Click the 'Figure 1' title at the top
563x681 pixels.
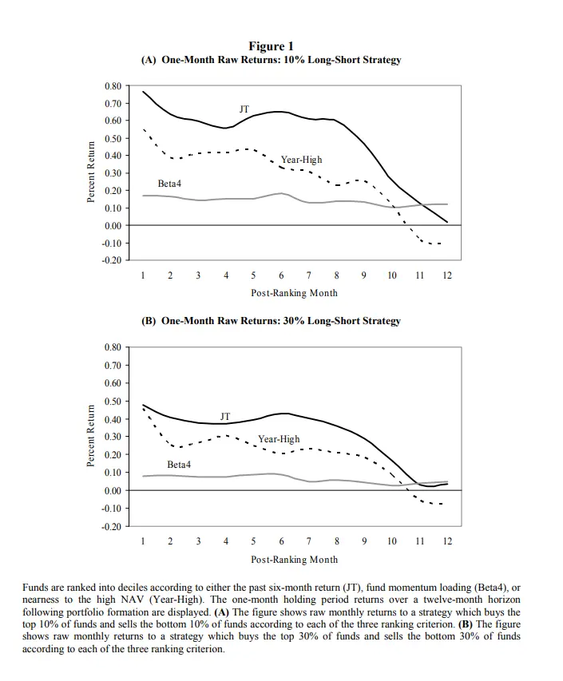click(272, 46)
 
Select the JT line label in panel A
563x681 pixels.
click(244, 108)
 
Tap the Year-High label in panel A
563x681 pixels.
click(301, 160)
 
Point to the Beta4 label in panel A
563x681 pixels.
click(169, 184)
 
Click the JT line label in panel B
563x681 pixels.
click(224, 416)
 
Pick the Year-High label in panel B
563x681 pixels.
click(279, 439)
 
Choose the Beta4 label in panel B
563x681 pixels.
click(179, 464)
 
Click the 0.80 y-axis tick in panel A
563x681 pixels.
click(113, 85)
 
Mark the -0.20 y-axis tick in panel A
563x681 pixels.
click(111, 260)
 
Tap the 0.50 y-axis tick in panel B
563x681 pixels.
click(113, 401)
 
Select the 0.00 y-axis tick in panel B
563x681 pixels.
click(113, 490)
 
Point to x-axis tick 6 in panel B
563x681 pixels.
click(281, 541)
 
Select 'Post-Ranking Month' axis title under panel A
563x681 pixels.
click(294, 293)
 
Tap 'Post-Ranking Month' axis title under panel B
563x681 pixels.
click(294, 560)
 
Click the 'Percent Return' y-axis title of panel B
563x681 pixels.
click(91, 436)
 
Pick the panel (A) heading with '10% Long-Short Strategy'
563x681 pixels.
click(271, 60)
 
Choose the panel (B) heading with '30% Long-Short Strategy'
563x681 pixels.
click(271, 321)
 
